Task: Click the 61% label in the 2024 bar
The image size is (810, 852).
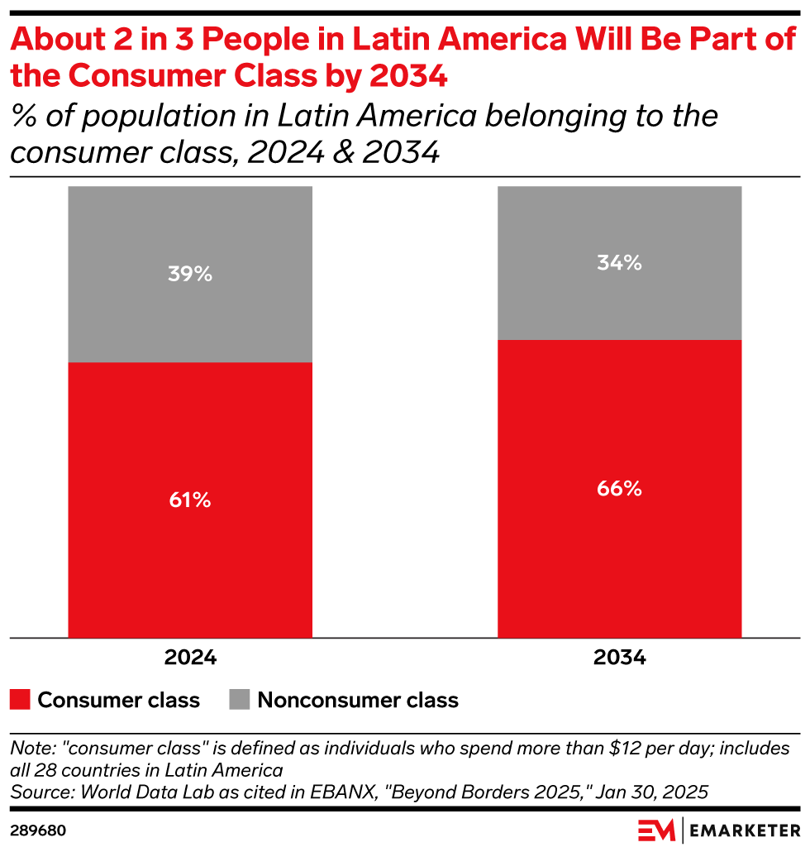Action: click(190, 500)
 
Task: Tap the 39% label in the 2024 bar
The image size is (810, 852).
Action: click(190, 274)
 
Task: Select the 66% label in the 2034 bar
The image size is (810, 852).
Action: click(619, 488)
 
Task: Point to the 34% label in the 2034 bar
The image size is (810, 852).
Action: click(619, 263)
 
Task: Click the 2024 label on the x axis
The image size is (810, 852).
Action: click(190, 658)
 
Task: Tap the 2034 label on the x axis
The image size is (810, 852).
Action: click(619, 658)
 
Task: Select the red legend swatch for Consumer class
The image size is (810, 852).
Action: click(21, 700)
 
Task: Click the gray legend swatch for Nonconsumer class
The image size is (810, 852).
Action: click(239, 700)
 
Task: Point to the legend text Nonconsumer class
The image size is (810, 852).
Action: click(357, 700)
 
